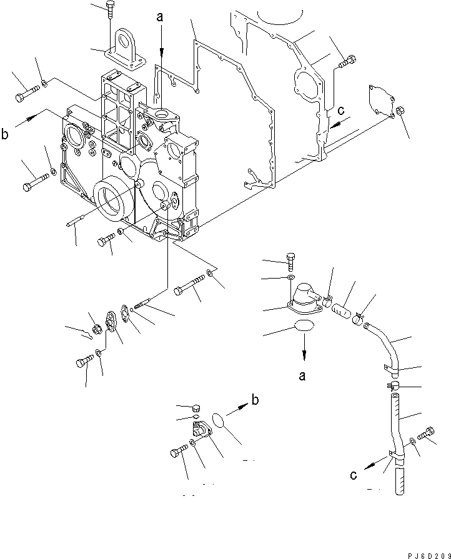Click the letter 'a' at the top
[x=160, y=17]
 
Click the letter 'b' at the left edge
[x=4, y=134]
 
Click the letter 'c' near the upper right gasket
[x=341, y=111]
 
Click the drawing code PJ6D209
[x=429, y=555]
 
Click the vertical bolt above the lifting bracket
[x=110, y=10]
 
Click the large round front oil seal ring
[x=112, y=202]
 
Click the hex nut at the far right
[x=400, y=111]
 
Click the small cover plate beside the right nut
[x=382, y=101]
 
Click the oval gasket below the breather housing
[x=304, y=326]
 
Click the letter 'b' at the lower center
[x=255, y=400]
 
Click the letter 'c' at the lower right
[x=354, y=475]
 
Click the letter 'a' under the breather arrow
[x=302, y=375]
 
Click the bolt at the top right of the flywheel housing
[x=347, y=62]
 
